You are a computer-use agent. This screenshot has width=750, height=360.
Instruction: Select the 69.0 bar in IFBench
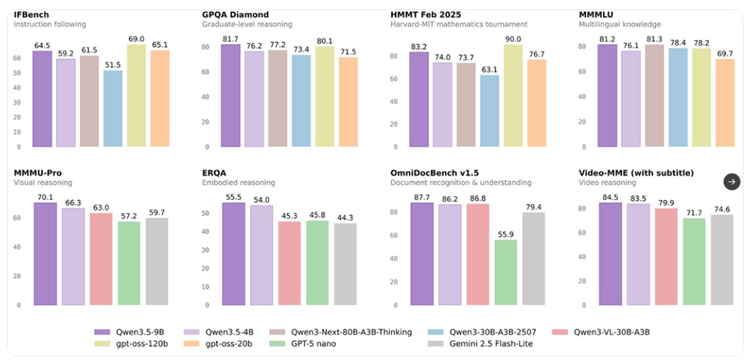(x=136, y=96)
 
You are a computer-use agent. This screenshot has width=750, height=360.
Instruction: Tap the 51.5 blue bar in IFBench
(x=112, y=109)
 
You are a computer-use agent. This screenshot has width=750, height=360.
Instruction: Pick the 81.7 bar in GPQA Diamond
(x=230, y=96)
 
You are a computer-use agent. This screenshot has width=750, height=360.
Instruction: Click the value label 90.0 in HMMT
(x=513, y=40)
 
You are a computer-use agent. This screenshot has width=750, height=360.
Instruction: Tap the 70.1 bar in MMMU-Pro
(x=44, y=254)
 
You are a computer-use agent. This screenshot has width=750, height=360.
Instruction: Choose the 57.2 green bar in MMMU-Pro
(x=129, y=263)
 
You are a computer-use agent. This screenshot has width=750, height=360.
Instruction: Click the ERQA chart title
(x=215, y=172)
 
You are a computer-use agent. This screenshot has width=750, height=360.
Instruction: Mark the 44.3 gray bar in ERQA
(x=345, y=264)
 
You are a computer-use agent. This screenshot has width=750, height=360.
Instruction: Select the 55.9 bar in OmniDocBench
(x=505, y=272)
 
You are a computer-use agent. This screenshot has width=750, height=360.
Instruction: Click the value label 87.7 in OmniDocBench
(x=422, y=197)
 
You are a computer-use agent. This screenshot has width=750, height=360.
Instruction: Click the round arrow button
(x=732, y=181)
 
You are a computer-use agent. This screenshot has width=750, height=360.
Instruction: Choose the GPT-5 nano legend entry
(x=309, y=344)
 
